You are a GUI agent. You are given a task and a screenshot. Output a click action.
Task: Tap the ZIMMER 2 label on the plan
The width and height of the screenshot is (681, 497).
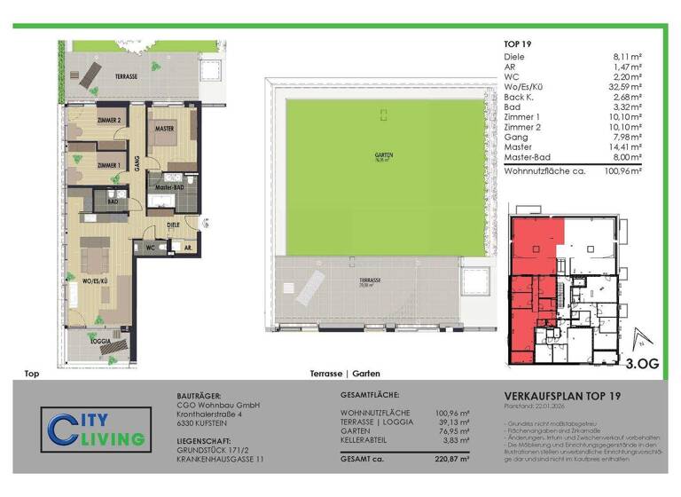pos(109,120)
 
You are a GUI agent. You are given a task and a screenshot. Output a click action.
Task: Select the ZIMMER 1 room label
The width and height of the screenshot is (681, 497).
pos(109,165)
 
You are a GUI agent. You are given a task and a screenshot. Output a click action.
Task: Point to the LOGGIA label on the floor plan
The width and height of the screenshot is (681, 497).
pos(100,340)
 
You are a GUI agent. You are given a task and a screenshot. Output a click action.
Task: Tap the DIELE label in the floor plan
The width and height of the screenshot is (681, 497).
pos(173,225)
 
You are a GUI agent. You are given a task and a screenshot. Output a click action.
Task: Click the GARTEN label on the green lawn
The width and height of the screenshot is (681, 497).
pos(383,155)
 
